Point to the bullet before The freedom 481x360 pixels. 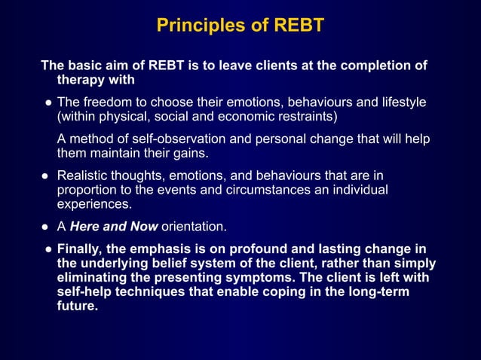tap(47, 102)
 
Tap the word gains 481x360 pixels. tap(188, 153)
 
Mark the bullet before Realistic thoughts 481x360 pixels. tap(44, 175)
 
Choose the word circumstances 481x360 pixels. tap(254, 190)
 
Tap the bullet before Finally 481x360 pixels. tap(47, 249)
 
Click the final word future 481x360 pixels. tap(78, 307)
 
